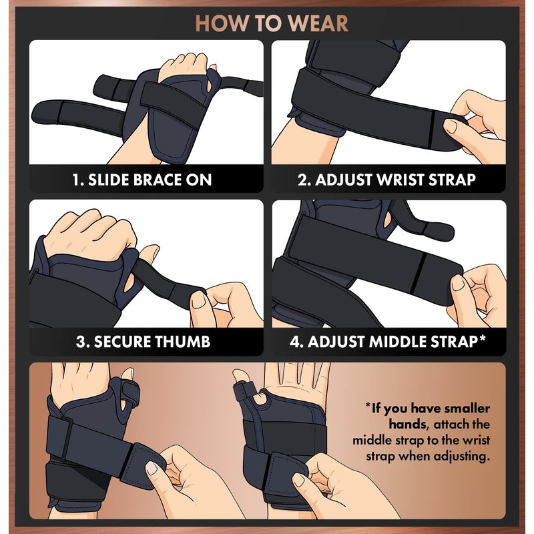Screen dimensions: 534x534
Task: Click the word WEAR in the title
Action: (320, 23)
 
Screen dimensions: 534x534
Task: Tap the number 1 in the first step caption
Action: (76, 180)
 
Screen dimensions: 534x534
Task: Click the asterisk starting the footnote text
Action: (368, 405)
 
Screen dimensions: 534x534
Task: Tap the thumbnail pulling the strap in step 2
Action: (451, 126)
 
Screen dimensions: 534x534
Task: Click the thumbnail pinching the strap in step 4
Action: (458, 283)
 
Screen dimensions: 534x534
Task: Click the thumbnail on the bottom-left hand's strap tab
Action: (152, 468)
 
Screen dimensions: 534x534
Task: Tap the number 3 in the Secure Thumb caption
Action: (81, 342)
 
